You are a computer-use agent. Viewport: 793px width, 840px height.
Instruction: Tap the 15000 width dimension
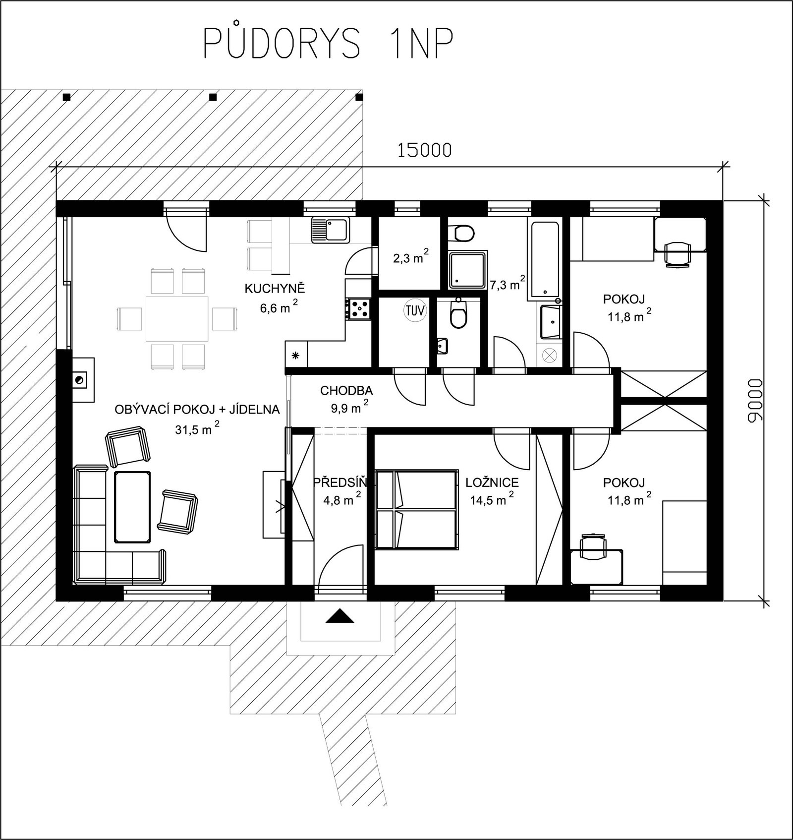pyautogui.click(x=425, y=150)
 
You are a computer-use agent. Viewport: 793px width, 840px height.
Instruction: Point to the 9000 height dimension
pyautogui.click(x=753, y=401)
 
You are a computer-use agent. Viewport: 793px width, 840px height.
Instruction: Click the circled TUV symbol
pyautogui.click(x=415, y=311)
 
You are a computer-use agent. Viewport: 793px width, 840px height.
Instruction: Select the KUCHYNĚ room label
pyautogui.click(x=275, y=289)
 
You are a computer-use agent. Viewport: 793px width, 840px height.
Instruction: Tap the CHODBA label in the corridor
pyautogui.click(x=346, y=391)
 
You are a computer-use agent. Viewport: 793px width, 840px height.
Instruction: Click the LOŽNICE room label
pyautogui.click(x=492, y=482)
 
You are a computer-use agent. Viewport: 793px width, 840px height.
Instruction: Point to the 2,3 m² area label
pyautogui.click(x=411, y=257)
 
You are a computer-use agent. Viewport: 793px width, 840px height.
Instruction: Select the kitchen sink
pyautogui.click(x=331, y=230)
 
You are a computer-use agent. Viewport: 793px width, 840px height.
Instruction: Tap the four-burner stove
pyautogui.click(x=358, y=308)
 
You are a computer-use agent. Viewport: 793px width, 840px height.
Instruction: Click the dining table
pyautogui.click(x=177, y=318)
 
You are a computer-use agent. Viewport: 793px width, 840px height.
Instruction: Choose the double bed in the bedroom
pyautogui.click(x=416, y=509)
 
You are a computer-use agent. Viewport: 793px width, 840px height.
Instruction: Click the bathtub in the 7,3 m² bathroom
pyautogui.click(x=545, y=260)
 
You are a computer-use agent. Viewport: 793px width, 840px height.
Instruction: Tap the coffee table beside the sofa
pyautogui.click(x=132, y=506)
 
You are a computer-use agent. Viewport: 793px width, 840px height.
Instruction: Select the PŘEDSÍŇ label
pyautogui.click(x=340, y=482)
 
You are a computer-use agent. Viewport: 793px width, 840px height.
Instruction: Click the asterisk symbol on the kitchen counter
pyautogui.click(x=295, y=355)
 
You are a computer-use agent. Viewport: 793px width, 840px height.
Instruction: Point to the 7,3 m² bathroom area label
pyautogui.click(x=508, y=284)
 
